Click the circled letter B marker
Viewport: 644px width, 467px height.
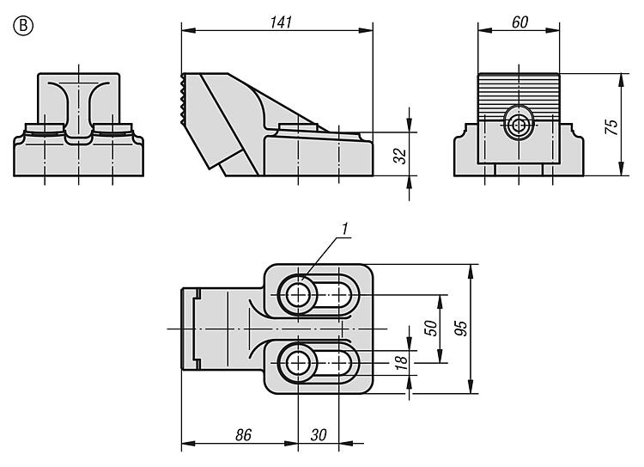(x=23, y=26)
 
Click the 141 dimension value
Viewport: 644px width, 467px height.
(x=281, y=22)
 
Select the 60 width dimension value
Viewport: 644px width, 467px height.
(x=519, y=22)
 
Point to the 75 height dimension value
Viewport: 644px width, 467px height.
(x=611, y=126)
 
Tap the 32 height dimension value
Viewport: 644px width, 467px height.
(x=399, y=156)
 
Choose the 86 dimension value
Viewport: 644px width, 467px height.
(x=243, y=435)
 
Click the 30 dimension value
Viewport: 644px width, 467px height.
(x=319, y=435)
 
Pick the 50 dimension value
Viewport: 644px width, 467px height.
(x=431, y=329)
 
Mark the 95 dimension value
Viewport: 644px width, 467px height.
(x=461, y=329)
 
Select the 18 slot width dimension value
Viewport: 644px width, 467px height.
(x=400, y=362)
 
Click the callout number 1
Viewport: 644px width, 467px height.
(x=345, y=230)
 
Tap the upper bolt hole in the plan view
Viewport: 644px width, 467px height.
(x=298, y=295)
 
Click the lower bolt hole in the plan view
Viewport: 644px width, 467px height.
(x=298, y=363)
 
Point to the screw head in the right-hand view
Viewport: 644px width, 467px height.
(x=519, y=123)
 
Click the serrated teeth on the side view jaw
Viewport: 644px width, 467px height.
(x=182, y=99)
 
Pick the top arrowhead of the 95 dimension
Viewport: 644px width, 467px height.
(x=471, y=271)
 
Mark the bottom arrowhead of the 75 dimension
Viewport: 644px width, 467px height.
(x=621, y=169)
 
